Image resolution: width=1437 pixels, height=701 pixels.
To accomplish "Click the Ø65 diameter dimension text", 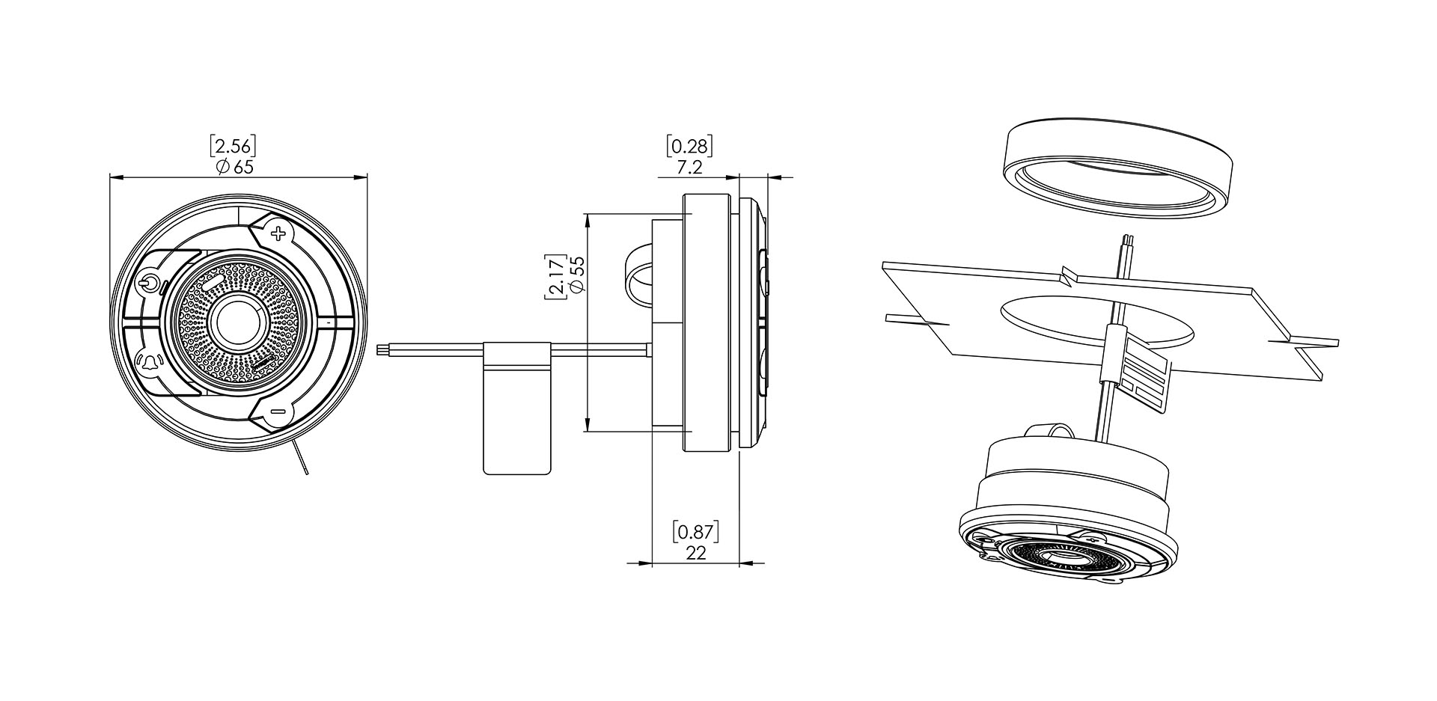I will pyautogui.click(x=234, y=167).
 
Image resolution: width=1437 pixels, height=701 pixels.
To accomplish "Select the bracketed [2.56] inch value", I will pyautogui.click(x=233, y=145).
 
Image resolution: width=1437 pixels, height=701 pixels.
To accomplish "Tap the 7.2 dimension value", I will pyautogui.click(x=689, y=168).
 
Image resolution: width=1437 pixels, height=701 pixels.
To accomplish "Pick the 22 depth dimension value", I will pyautogui.click(x=696, y=553).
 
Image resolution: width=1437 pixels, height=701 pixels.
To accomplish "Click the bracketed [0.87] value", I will pyautogui.click(x=696, y=532).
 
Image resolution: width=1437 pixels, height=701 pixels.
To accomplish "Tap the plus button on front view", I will pyautogui.click(x=278, y=234).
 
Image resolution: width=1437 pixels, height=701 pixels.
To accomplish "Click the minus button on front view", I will pyautogui.click(x=277, y=411).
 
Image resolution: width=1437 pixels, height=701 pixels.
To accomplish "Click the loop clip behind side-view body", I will pyautogui.click(x=638, y=276).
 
